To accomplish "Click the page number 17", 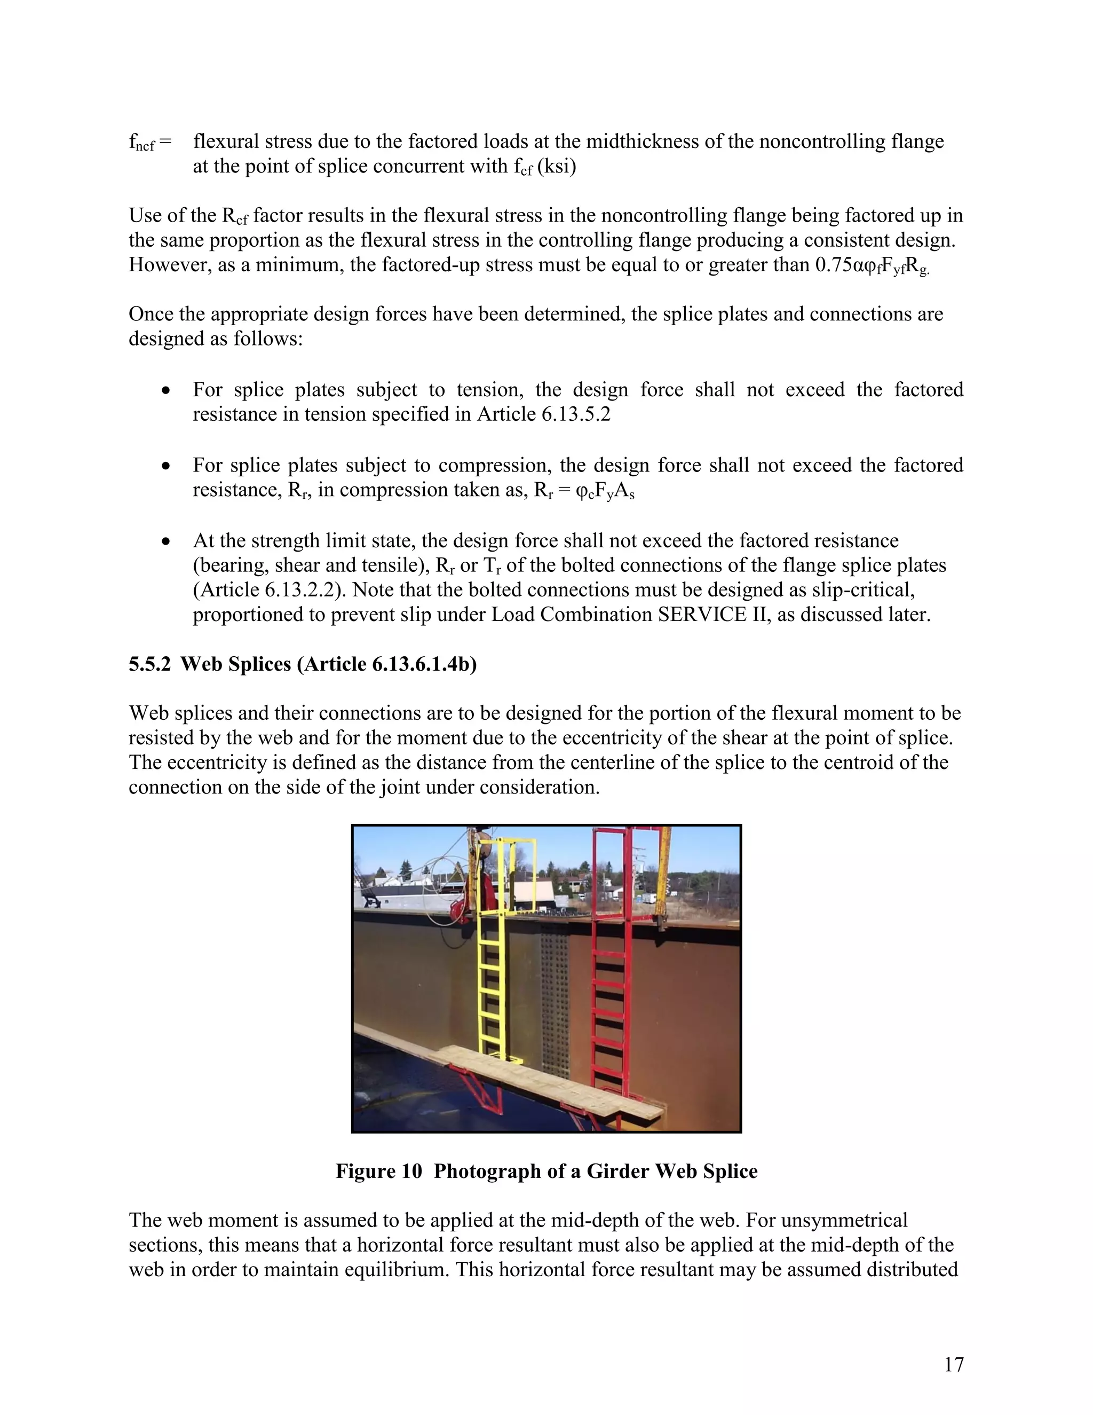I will coord(953,1364).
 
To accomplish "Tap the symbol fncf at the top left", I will coord(142,143).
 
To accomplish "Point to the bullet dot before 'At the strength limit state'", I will coord(167,541).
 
